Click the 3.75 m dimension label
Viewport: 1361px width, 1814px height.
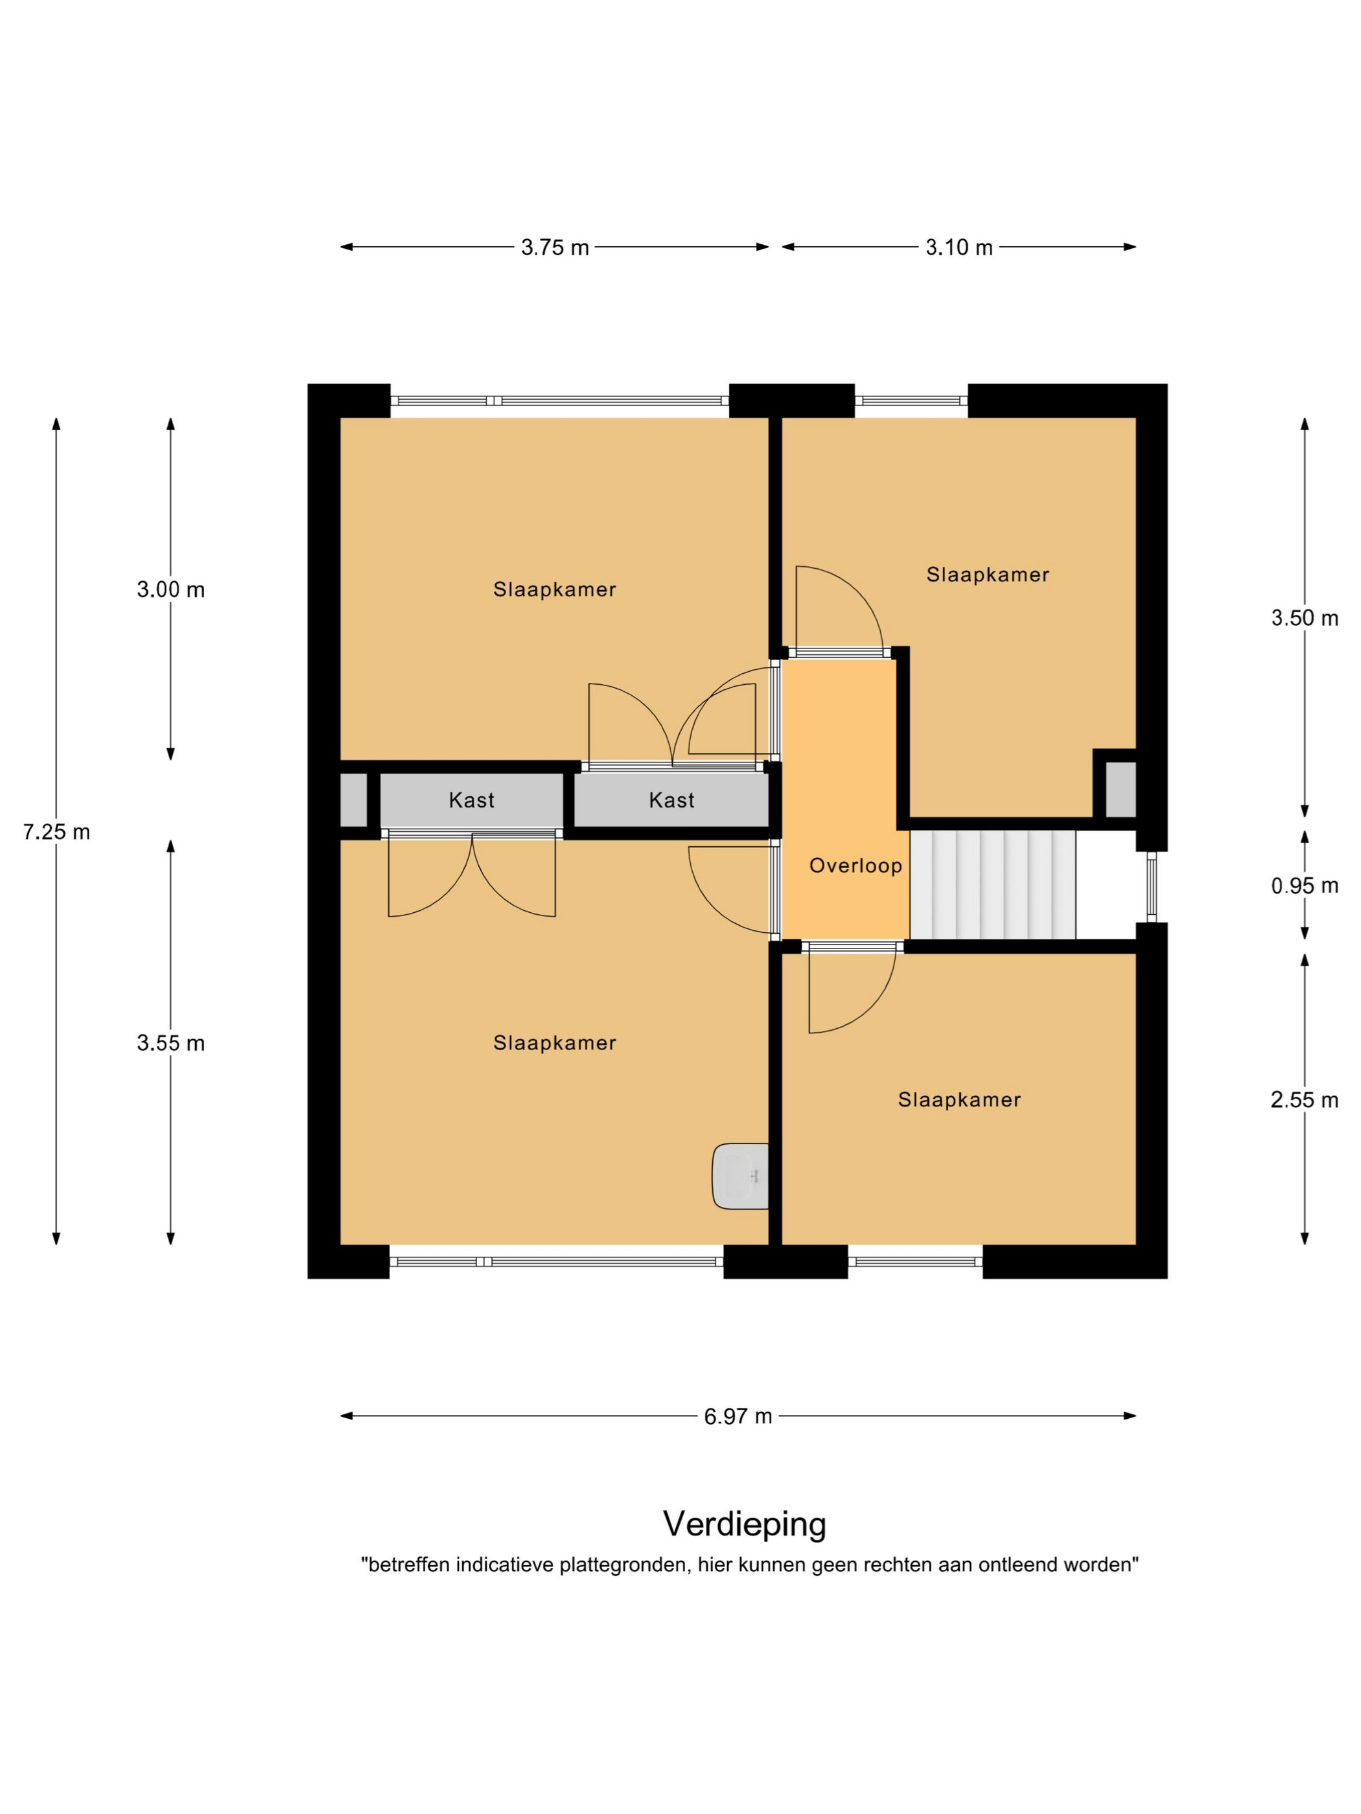(x=555, y=247)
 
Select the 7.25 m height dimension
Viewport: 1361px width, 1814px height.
(x=56, y=832)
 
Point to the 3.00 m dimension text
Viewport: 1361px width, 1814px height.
(x=170, y=590)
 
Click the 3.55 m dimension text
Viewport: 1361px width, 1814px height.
(x=170, y=1043)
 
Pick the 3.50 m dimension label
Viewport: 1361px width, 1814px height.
(x=1305, y=618)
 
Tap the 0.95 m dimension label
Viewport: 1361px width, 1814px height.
(x=1305, y=886)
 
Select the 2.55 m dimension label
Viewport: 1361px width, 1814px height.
(x=1305, y=1099)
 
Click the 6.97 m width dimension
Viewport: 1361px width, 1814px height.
(x=738, y=1416)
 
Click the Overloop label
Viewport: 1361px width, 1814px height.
(x=855, y=865)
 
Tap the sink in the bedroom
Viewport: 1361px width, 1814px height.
(x=741, y=1176)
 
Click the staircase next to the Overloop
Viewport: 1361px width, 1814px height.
(x=993, y=885)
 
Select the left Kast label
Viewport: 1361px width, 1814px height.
(x=472, y=800)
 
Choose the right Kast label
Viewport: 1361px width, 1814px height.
(x=672, y=800)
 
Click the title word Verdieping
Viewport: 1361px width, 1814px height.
(x=745, y=1524)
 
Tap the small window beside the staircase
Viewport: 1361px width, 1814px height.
(x=1151, y=886)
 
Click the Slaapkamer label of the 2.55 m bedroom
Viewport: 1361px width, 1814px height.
(x=959, y=1099)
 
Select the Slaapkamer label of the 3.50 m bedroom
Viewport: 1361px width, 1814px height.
(x=988, y=575)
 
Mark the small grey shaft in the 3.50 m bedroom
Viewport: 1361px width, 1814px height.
(x=1121, y=790)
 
